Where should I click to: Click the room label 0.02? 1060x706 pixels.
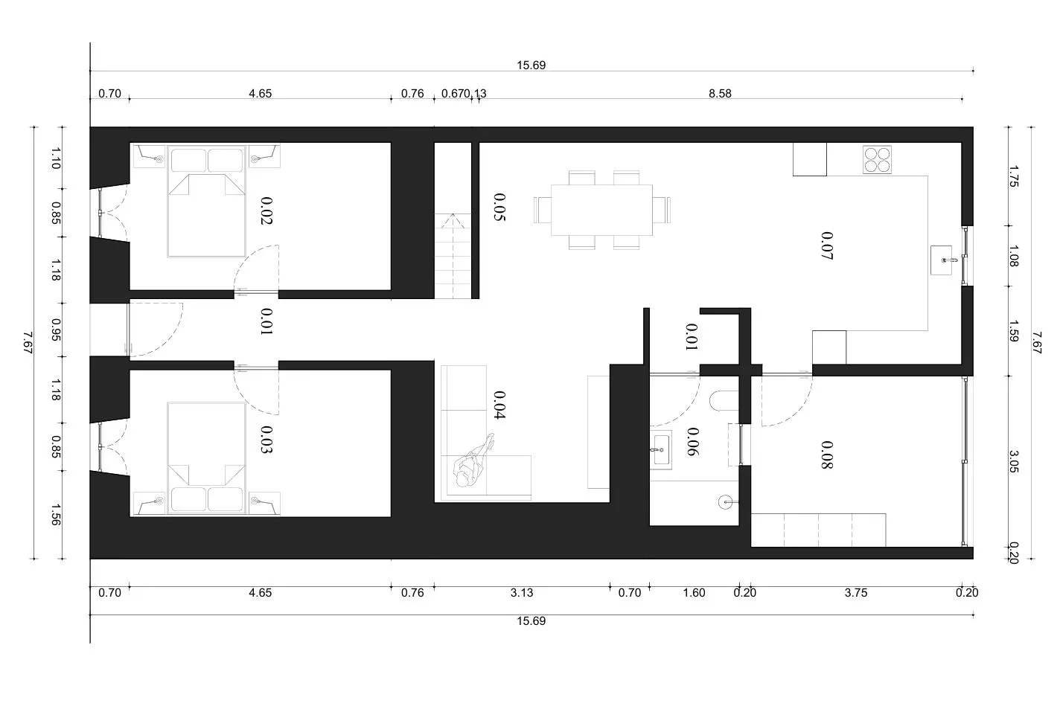[267, 211]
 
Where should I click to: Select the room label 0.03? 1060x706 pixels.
[267, 440]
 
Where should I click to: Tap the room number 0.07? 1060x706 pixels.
[827, 246]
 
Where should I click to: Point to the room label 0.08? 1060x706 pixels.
[827, 455]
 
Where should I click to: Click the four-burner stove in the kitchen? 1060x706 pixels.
[877, 159]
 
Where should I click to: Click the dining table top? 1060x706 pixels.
[601, 210]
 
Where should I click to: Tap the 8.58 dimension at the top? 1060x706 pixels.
[720, 94]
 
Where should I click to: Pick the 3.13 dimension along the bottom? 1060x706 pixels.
[522, 593]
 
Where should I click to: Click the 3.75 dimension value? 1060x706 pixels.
[856, 593]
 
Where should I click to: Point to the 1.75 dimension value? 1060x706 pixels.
[1013, 176]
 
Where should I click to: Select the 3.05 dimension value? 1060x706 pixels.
[1013, 461]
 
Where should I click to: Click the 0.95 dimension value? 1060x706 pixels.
[56, 330]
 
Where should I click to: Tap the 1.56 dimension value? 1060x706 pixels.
[56, 515]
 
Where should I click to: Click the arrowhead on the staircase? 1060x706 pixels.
[453, 217]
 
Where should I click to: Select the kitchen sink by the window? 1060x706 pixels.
[941, 260]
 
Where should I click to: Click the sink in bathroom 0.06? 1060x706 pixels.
[660, 449]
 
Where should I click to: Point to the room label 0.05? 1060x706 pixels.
[499, 207]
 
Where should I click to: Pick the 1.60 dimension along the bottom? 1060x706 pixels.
[695, 593]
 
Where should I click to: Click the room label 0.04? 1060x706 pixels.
[499, 405]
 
